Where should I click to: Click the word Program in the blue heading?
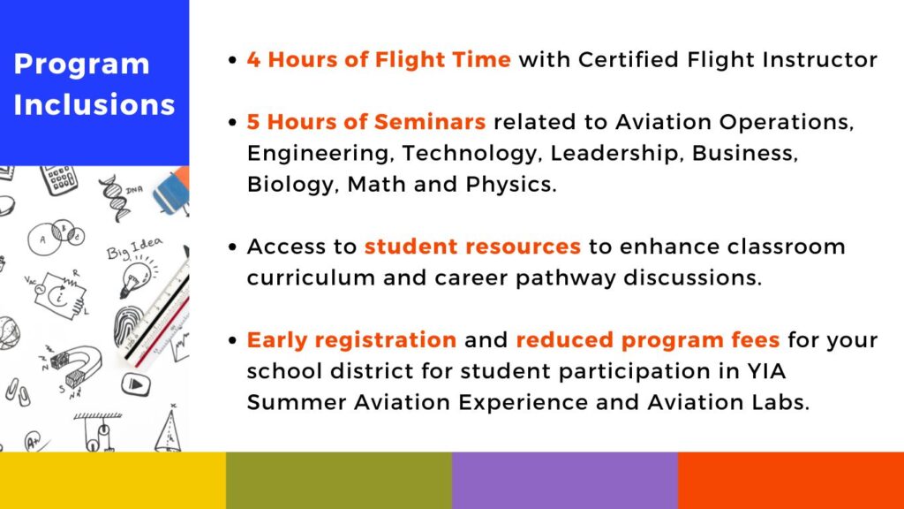81,65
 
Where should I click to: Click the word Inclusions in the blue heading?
94,104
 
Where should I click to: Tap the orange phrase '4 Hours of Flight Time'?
379,60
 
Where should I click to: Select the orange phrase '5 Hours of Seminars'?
366,122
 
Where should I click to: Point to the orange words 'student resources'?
472,247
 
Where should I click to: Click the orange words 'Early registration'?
351,340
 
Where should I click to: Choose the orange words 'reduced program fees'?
647,340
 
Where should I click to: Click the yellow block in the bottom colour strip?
113,480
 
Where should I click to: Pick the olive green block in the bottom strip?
339,480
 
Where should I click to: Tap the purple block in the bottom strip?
565,480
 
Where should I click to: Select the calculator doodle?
59,180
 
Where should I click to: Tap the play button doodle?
136,384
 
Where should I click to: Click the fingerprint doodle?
129,326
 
